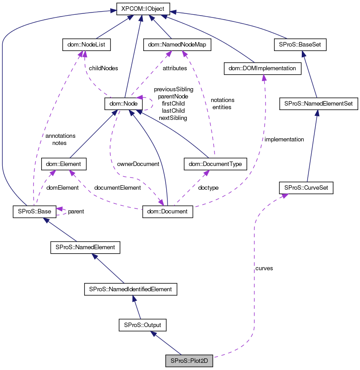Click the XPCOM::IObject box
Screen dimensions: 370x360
click(140, 8)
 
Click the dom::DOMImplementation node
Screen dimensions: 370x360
click(261, 68)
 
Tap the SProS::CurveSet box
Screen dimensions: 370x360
click(306, 187)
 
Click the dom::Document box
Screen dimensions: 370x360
click(167, 211)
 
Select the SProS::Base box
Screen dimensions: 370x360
click(34, 211)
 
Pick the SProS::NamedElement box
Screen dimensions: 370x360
click(85, 247)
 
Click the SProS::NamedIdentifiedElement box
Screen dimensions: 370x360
click(131, 289)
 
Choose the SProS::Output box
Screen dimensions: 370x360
click(142, 325)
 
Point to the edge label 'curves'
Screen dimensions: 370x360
click(264, 268)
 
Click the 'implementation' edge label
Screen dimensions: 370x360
click(284, 139)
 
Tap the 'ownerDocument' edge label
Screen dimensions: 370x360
click(138, 164)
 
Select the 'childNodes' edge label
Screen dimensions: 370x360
click(103, 68)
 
